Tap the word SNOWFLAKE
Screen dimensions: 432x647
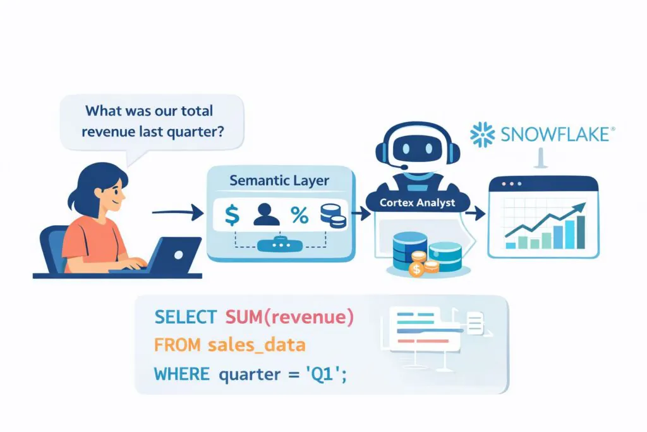556,135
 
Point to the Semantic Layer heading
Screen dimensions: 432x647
279,180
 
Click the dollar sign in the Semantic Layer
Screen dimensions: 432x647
233,216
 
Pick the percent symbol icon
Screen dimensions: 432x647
299,216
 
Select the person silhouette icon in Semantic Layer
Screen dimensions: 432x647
265,216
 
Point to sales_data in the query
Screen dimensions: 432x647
257,345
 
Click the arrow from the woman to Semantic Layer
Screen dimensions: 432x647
178,213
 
